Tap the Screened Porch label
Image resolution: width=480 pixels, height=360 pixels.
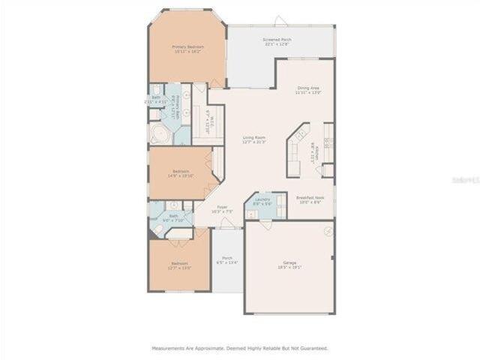pyautogui.click(x=277, y=41)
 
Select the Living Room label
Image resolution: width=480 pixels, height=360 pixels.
pyautogui.click(x=254, y=139)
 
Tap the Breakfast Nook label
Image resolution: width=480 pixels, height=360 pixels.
pyautogui.click(x=309, y=200)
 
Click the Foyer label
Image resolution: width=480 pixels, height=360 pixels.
pyautogui.click(x=223, y=209)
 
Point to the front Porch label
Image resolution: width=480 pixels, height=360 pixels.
pyautogui.click(x=227, y=260)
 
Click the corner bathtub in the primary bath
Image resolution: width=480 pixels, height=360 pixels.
pyautogui.click(x=160, y=135)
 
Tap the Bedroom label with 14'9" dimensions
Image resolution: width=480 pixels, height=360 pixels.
pyautogui.click(x=181, y=173)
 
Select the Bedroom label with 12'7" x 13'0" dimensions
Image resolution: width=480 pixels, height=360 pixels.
pyautogui.click(x=179, y=265)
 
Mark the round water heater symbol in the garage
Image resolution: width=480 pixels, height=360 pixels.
pyautogui.click(x=327, y=232)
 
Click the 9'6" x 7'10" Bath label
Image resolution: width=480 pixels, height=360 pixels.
pyautogui.click(x=173, y=217)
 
